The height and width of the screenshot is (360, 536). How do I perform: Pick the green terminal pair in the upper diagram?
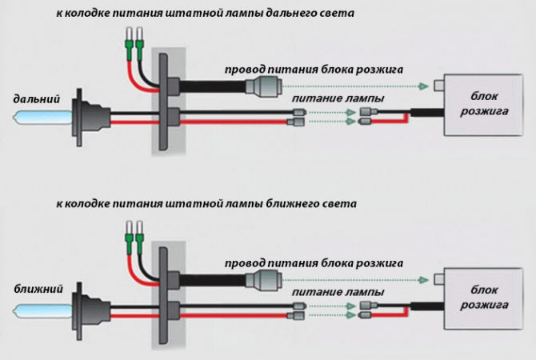[x=134, y=36]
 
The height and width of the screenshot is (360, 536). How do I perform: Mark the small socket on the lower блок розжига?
[x=439, y=278]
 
